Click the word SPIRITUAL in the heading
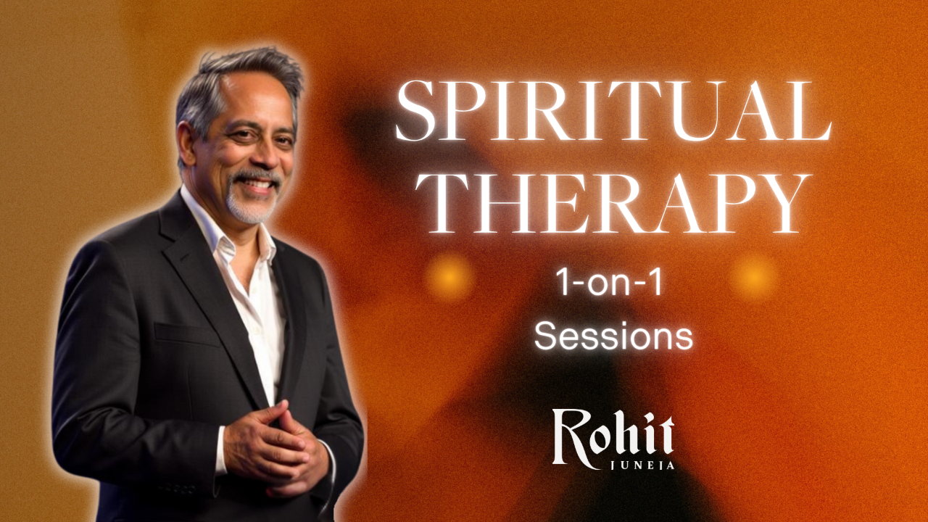click(613, 111)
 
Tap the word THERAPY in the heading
click(613, 203)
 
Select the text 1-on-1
click(608, 282)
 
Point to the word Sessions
click(613, 336)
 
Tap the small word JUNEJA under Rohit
click(642, 465)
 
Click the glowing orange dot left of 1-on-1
click(449, 277)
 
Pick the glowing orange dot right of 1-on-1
click(755, 277)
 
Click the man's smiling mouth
click(260, 183)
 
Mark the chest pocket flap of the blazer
click(187, 333)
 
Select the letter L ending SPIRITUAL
click(810, 111)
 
